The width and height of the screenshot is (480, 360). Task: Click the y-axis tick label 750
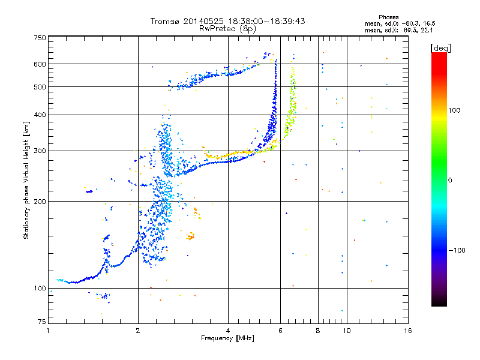coord(40,38)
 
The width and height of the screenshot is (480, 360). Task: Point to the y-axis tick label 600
coord(40,64)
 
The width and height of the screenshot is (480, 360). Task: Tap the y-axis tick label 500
coord(40,87)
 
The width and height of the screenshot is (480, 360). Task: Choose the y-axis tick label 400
coord(40,115)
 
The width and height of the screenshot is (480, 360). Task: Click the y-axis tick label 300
coord(40,151)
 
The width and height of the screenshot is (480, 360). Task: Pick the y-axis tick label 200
coord(40,202)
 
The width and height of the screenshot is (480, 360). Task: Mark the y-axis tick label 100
coord(40,289)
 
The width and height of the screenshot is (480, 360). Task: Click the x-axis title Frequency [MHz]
coord(227,339)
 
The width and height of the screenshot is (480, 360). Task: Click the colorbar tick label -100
coord(457,250)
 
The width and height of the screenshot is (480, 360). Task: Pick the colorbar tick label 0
coord(451,180)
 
